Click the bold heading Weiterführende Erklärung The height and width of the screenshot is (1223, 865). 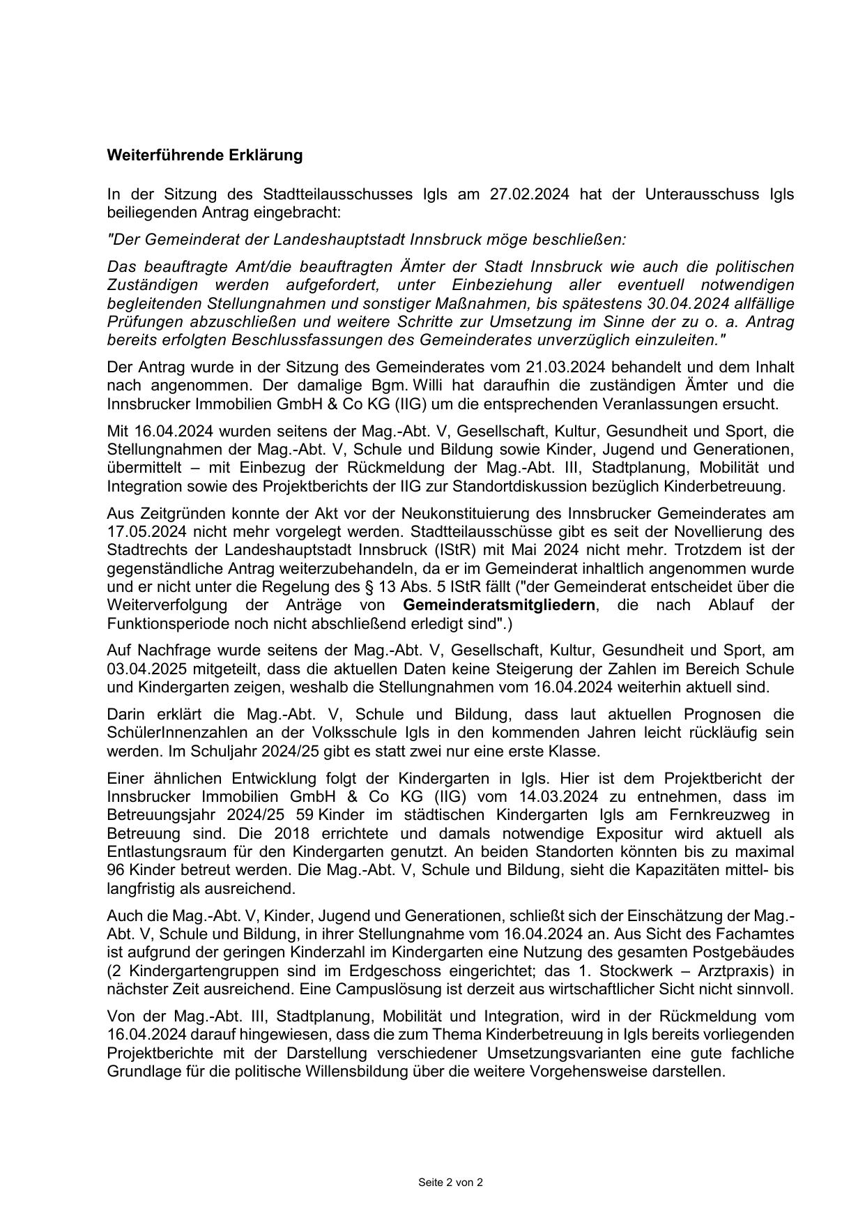[x=204, y=155]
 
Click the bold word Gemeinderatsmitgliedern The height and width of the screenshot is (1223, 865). [x=499, y=605]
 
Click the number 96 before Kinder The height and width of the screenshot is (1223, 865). [x=116, y=870]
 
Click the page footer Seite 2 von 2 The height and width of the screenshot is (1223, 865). [x=450, y=1183]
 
